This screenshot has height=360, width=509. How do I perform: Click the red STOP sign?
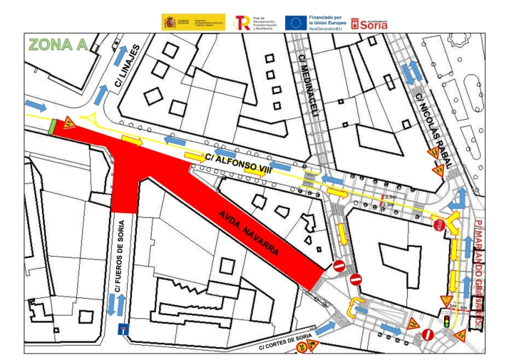pyautogui.click(x=439, y=225)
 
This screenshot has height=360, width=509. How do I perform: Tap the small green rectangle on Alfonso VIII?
pyautogui.click(x=53, y=126)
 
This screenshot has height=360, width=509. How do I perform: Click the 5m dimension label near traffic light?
pyautogui.click(x=464, y=307)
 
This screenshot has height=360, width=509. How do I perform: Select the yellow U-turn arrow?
pyautogui.click(x=354, y=307)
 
